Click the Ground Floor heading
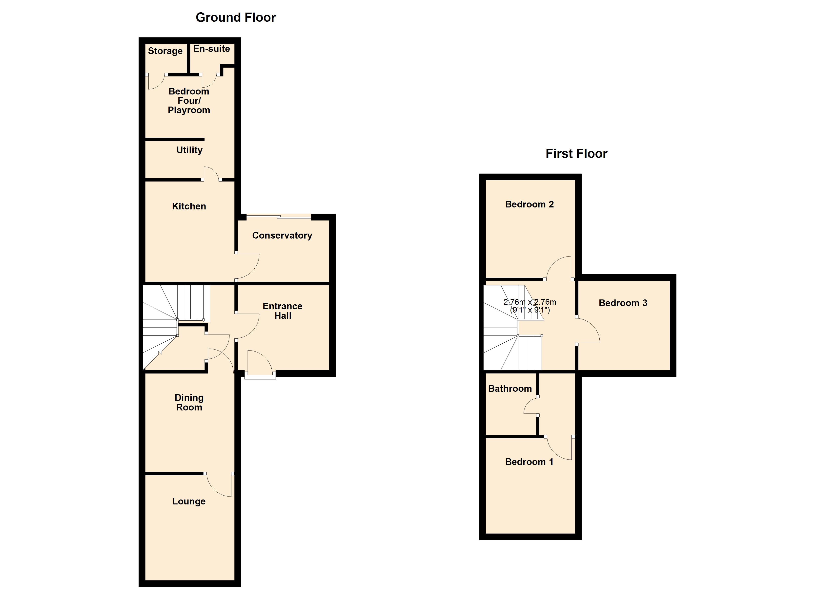[235, 18]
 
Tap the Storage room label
[165, 51]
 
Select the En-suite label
[211, 49]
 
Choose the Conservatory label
[282, 236]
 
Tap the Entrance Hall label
[283, 311]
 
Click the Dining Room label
[189, 403]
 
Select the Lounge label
[189, 501]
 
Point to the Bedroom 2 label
[529, 204]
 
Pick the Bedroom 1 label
[529, 462]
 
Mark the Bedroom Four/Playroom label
[189, 101]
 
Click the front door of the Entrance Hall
[260, 375]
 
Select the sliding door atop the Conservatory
[279, 217]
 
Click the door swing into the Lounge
[219, 485]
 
